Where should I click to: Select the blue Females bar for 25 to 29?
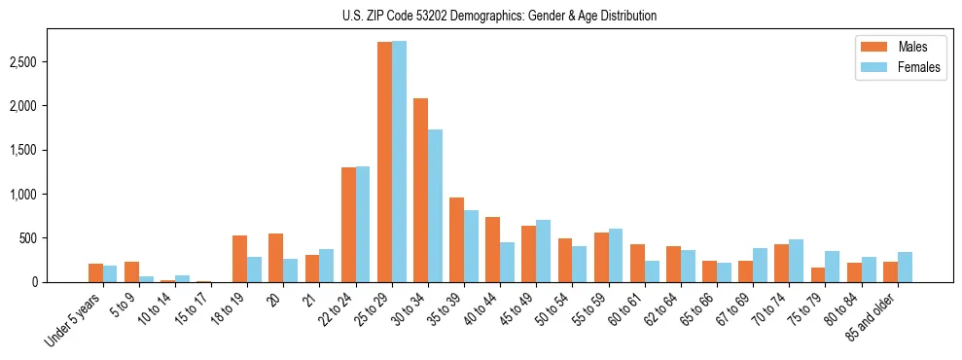[x=399, y=162]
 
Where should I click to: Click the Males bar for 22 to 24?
[x=348, y=225]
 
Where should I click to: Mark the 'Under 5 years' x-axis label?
[x=76, y=319]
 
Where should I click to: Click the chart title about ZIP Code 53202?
[x=500, y=16]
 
